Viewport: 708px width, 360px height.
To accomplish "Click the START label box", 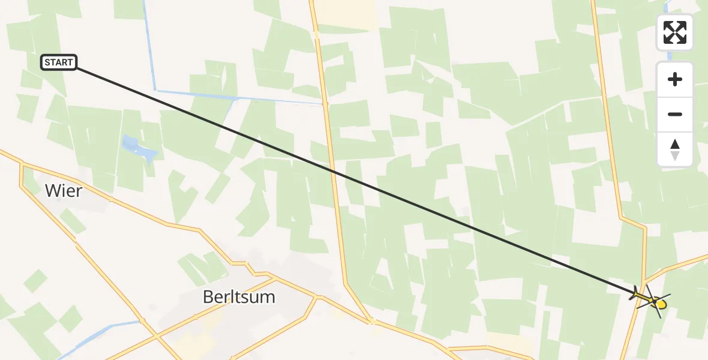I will pos(59,62).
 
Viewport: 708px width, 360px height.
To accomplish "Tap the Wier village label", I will pos(63,191).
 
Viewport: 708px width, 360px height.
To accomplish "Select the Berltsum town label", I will pos(239,296).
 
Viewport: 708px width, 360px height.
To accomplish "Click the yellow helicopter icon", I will pos(650,298).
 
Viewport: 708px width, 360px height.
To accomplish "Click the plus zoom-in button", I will pos(675,79).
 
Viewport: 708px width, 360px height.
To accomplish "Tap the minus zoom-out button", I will pos(675,114).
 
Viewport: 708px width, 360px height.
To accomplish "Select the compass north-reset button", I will pos(675,149).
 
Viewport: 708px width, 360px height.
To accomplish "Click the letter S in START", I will pos(47,62).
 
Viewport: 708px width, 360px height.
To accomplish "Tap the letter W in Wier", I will pos(51,191).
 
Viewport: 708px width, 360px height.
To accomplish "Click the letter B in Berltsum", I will pos(209,296).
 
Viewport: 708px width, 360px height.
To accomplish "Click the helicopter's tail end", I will pos(635,293).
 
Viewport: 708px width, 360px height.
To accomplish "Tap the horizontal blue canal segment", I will pos(240,97).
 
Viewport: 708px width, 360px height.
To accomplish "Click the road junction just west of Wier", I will pos(22,163).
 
